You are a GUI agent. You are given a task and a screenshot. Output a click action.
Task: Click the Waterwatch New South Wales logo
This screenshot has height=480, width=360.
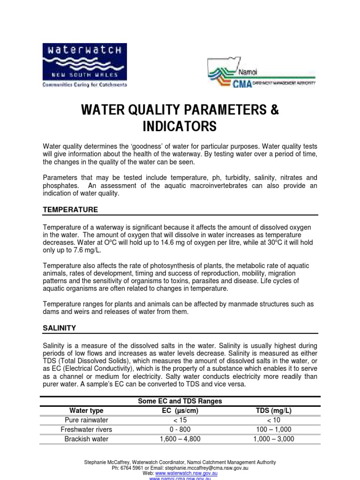pos(84,65)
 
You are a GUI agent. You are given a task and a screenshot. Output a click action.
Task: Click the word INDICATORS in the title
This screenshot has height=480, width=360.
pos(180,127)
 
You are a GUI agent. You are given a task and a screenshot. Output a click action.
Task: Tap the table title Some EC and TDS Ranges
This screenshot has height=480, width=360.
pos(180,401)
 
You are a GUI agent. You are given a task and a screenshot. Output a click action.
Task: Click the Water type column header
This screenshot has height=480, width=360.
pos(86,411)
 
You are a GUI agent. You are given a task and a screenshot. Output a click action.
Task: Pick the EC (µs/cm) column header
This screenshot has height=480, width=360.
pos(180,411)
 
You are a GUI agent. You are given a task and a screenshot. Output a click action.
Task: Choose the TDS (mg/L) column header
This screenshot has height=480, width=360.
pos(274,411)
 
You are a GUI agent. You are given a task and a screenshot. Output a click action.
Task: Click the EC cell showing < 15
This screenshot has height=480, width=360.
pos(180,420)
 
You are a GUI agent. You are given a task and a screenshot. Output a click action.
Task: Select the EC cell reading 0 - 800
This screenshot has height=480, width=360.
pos(180,429)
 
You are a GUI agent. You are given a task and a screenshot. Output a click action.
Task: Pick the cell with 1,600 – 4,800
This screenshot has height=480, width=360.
pos(180,439)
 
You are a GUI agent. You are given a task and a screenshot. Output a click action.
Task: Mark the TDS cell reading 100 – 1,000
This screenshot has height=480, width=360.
pos(274,429)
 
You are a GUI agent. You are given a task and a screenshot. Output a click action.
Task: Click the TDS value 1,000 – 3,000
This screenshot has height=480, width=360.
pos(274,439)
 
